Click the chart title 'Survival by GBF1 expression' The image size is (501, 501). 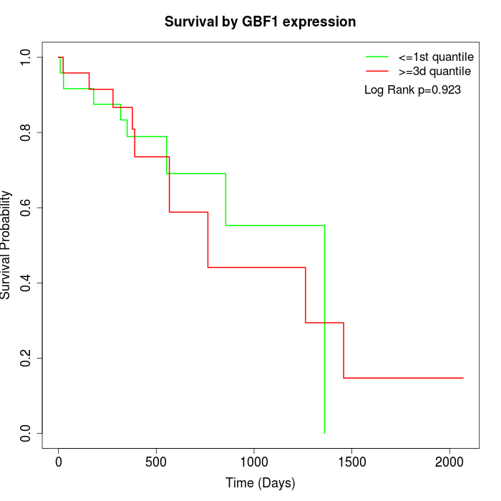tap(260, 22)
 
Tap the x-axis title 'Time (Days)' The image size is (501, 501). tap(261, 483)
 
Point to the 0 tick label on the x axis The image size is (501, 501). tap(59, 462)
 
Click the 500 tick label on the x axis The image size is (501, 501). tap(156, 462)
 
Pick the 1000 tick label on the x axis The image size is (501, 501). tap(254, 462)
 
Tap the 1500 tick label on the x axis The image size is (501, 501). tap(351, 462)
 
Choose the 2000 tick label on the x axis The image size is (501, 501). tap(449, 462)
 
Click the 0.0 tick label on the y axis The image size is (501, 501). tap(26, 433)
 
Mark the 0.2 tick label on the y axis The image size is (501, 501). tap(26, 358)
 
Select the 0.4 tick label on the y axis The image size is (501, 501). tap(26, 283)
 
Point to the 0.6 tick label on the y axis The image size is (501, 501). tap(26, 208)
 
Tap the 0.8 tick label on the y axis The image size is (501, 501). tap(26, 132)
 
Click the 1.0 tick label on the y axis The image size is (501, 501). tap(26, 57)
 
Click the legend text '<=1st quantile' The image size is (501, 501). tap(436, 57)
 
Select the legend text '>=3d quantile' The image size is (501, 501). tap(434, 72)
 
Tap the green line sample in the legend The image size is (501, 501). tap(377, 57)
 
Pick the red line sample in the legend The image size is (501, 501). tap(377, 72)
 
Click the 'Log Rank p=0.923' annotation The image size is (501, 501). tap(412, 90)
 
